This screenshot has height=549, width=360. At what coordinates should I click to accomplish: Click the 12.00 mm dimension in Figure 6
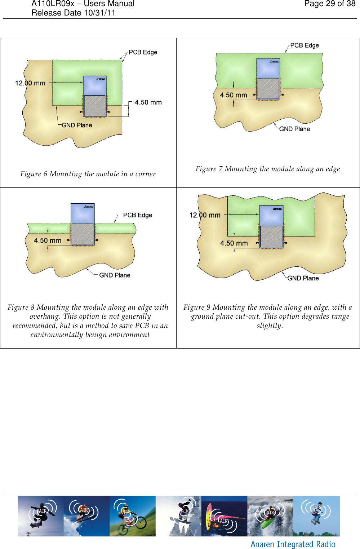(x=30, y=83)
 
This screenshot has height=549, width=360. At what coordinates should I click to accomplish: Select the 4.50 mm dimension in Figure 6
(x=148, y=102)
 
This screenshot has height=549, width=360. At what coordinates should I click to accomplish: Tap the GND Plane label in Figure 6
(x=77, y=125)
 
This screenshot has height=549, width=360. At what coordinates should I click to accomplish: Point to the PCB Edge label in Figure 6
(x=143, y=52)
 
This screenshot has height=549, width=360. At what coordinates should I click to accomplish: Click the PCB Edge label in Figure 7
(x=305, y=45)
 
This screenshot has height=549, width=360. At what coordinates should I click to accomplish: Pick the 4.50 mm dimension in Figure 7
(x=234, y=95)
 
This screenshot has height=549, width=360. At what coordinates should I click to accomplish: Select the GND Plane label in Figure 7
(x=294, y=129)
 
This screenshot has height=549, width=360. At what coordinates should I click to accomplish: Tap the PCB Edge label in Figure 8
(x=137, y=215)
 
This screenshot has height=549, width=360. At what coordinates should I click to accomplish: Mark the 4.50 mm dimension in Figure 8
(x=48, y=240)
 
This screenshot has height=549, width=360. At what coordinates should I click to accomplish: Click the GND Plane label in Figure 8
(x=115, y=275)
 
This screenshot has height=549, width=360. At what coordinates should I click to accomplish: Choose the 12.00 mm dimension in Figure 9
(x=205, y=215)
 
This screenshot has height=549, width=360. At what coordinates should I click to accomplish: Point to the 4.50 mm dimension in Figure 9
(x=234, y=243)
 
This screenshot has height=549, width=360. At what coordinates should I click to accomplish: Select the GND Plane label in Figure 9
(x=303, y=278)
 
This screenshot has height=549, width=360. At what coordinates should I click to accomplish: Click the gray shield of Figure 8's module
(x=83, y=234)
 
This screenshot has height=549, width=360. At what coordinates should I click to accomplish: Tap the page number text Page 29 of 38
(x=330, y=4)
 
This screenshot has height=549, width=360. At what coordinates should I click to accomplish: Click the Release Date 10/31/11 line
(x=73, y=13)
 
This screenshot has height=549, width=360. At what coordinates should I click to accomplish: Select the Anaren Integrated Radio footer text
(x=293, y=544)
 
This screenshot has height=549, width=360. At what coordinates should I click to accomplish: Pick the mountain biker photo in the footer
(x=133, y=516)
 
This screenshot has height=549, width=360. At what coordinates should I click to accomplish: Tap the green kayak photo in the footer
(x=270, y=516)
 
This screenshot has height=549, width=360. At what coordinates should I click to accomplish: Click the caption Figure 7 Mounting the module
(x=267, y=169)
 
